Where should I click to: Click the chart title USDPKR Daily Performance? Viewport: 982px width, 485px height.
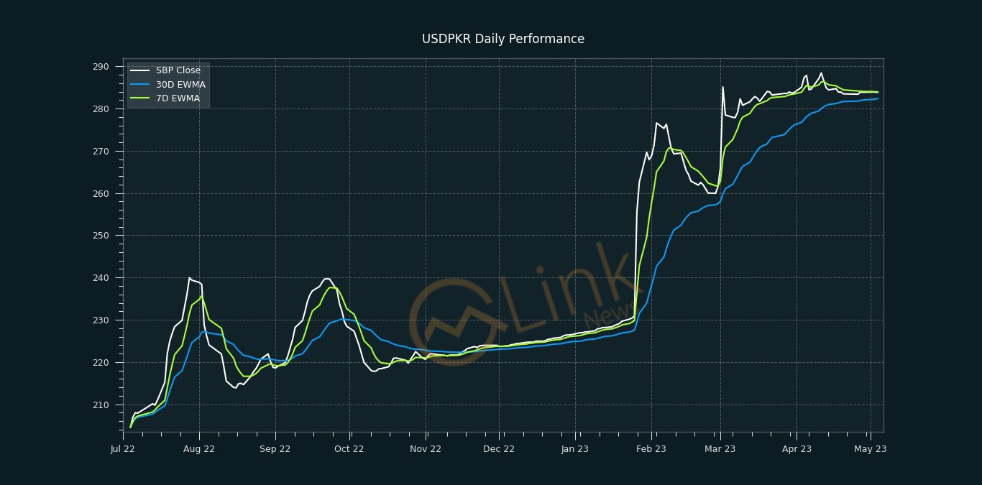point(503,39)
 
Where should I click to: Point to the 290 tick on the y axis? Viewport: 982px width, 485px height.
point(101,67)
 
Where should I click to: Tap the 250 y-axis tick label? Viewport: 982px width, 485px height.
point(101,236)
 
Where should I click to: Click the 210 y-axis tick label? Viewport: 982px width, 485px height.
point(101,405)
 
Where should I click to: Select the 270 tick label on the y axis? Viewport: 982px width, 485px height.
point(101,152)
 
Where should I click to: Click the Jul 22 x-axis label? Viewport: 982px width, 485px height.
point(123,449)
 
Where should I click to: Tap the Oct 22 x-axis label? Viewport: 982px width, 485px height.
point(349,449)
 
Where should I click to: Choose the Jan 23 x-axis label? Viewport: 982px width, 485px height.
point(575,449)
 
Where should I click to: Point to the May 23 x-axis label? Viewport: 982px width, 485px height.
point(870,449)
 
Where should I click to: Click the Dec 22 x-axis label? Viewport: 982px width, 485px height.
point(499,449)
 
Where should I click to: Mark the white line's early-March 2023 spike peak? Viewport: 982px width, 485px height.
point(722,87)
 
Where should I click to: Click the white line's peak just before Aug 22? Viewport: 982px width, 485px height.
point(190,278)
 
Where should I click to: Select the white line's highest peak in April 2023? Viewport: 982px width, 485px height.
point(821,73)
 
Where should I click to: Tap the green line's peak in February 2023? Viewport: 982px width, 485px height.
point(670,148)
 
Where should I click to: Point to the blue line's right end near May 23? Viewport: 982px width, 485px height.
point(878,98)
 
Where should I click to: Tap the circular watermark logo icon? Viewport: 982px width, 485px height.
point(453,321)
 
